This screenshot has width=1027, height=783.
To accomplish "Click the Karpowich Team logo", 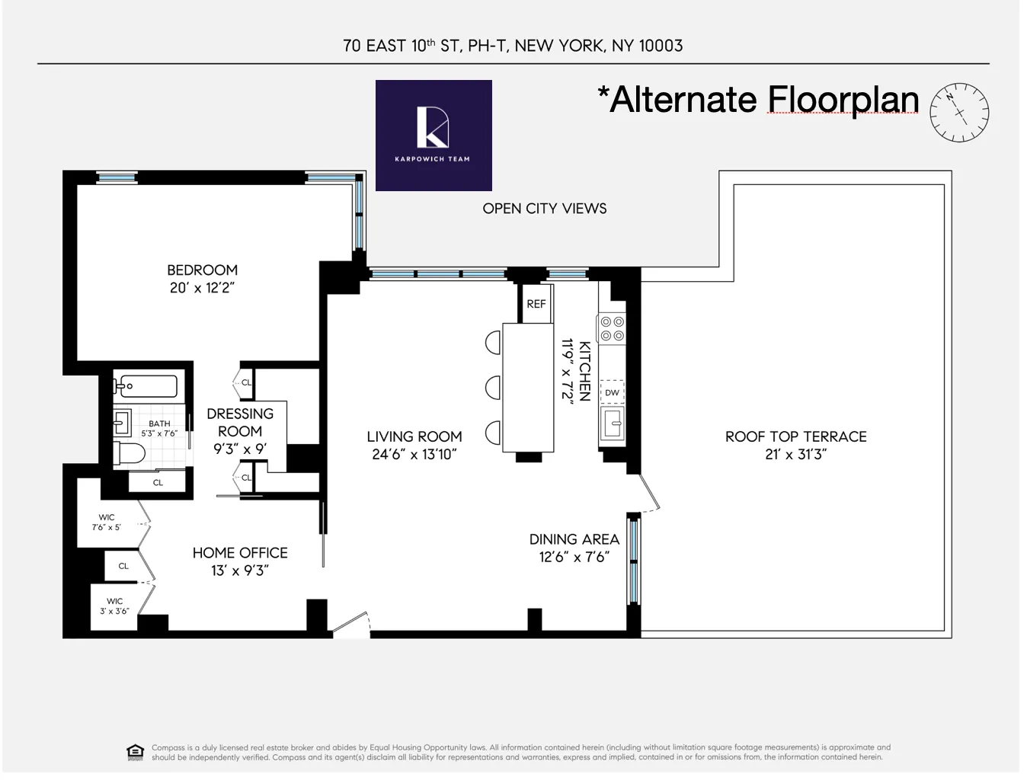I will (434, 135).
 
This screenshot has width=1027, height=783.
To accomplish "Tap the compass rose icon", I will (959, 112).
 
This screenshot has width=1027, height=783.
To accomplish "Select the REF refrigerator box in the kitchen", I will (536, 303).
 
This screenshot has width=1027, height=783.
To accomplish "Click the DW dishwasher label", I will (612, 393).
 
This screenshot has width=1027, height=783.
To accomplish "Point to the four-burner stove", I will (611, 328).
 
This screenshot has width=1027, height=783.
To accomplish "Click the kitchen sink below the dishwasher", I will (612, 421).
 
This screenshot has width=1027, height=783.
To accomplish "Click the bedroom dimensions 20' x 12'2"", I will (202, 288).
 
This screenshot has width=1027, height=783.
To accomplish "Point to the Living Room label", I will (414, 436).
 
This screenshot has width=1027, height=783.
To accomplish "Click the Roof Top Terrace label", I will (795, 436).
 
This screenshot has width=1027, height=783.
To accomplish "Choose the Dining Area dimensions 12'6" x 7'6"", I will (574, 557).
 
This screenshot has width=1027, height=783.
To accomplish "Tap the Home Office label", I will (240, 553).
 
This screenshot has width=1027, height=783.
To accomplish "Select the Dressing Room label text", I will (240, 422).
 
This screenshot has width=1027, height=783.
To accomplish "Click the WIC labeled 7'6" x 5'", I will (107, 523).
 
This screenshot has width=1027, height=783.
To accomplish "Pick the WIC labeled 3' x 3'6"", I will (114, 606).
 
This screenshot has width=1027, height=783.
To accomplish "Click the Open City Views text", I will (544, 209).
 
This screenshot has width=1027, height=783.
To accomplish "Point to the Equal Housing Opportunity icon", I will (135, 752).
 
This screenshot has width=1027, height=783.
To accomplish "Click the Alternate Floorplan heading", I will (758, 100).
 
